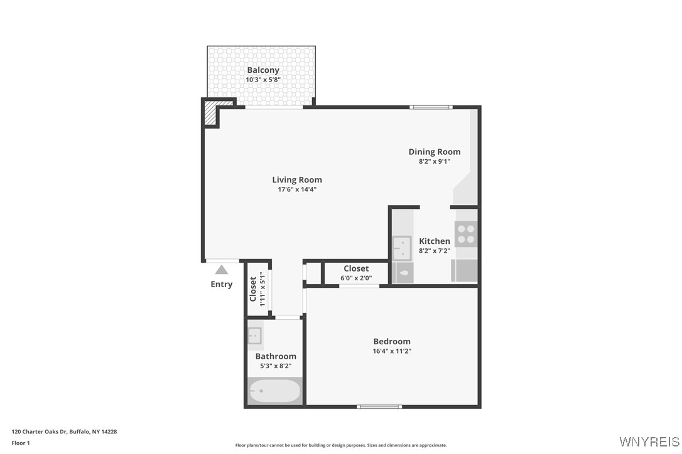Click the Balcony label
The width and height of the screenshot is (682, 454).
point(263,70)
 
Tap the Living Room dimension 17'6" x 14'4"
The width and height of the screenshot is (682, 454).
point(296,189)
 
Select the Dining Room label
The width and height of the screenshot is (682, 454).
point(434,152)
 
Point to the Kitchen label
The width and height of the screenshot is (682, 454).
point(434,241)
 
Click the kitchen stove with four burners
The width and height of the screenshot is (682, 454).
point(466,234)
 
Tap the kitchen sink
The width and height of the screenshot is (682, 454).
point(401,248)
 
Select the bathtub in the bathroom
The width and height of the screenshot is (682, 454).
point(274,391)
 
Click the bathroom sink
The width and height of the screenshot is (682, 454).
point(255,336)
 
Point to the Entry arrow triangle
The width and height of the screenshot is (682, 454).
point(221,270)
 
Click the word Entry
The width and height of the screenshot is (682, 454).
point(221,284)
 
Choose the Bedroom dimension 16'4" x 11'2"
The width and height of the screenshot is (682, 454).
point(392,351)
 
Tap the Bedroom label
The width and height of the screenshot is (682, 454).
point(392,341)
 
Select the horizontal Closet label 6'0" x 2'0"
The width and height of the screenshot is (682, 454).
point(356,268)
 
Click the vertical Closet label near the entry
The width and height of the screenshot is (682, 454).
point(253,289)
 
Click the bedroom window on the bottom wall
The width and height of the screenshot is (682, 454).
point(379,406)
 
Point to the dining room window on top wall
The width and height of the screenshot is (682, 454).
point(431,107)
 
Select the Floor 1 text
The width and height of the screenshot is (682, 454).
point(21,443)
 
